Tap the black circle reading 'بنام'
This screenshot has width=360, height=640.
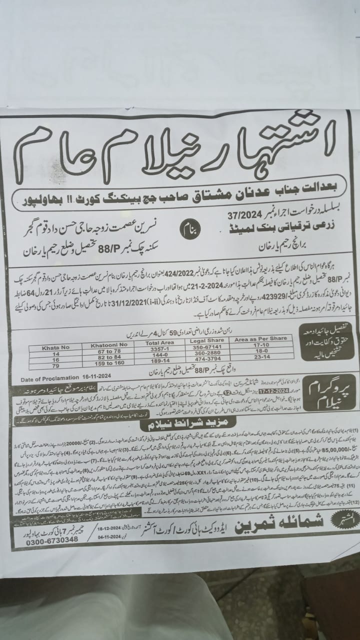(189, 231)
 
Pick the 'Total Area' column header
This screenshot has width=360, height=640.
(159, 344)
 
